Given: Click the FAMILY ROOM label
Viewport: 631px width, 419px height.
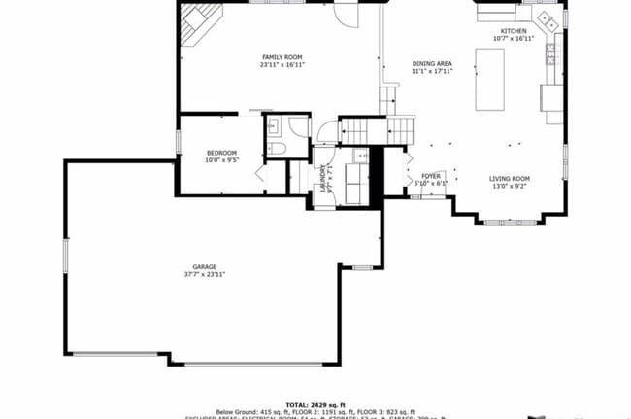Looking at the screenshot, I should coord(281,57).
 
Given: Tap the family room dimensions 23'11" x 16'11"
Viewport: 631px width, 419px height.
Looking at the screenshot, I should coord(281,66).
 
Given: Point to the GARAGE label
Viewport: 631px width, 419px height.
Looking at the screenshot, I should coord(204,266).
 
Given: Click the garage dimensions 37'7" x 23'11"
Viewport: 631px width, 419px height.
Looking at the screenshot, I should coord(204,274).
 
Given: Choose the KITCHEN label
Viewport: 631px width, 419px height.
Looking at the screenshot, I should coord(514,31).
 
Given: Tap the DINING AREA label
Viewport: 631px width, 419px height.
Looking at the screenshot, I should coord(432,63).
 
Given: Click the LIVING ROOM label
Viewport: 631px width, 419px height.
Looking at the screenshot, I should coord(509,178).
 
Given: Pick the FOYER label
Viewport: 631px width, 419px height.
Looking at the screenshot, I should coord(430,176).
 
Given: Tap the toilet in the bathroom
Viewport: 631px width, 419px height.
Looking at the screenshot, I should coord(275,150).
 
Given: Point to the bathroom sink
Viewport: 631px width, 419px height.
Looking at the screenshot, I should coord(273,124).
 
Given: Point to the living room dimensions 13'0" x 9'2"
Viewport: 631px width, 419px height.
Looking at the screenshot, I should coord(509,186).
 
